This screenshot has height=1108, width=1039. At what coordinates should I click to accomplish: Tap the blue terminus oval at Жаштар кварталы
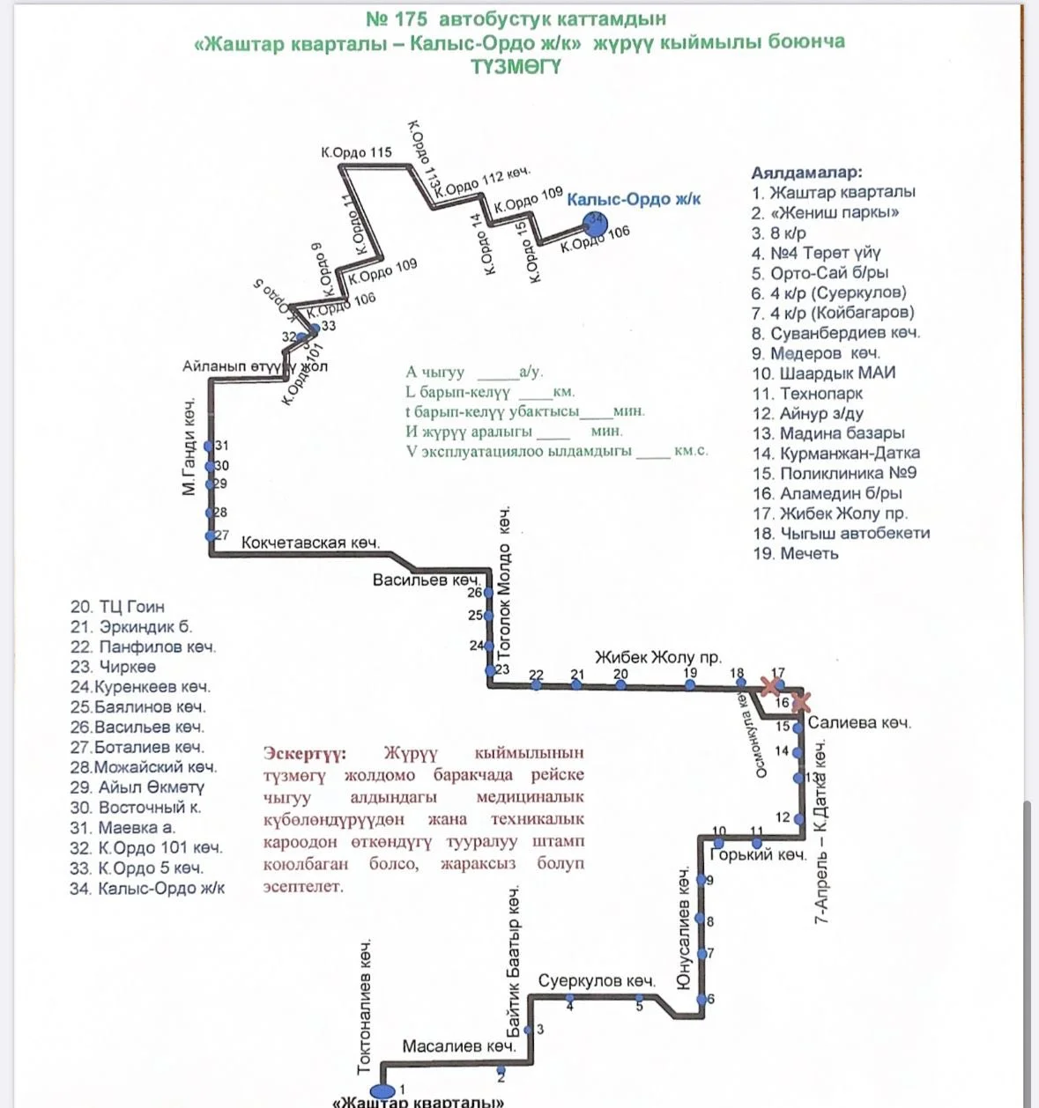point(382,1093)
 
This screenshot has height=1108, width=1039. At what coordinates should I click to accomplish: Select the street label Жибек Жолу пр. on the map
point(657,657)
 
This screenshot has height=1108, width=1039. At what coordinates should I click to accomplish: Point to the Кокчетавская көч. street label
point(310,543)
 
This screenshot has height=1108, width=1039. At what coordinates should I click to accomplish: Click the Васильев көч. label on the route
point(427,580)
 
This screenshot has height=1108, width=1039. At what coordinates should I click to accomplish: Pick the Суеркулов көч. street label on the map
point(597,981)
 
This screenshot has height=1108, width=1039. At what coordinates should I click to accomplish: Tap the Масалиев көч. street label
point(458,1046)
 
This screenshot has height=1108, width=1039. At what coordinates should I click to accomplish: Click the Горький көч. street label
point(758,854)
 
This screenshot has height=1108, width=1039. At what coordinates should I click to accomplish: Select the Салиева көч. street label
point(858,723)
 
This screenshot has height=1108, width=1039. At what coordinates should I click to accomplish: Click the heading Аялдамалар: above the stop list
point(806,173)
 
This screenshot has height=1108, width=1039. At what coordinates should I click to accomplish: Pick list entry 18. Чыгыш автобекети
point(841,533)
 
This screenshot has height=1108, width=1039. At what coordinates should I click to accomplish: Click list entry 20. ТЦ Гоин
point(117,607)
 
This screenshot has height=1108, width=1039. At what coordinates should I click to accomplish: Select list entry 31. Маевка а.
point(122,828)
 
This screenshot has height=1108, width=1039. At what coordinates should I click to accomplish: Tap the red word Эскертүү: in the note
point(305,754)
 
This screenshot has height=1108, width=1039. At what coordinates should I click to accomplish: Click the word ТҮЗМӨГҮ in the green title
point(516,67)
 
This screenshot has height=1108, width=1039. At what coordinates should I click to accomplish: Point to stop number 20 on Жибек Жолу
point(620,683)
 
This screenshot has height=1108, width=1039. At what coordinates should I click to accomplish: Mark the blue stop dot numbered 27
point(210,536)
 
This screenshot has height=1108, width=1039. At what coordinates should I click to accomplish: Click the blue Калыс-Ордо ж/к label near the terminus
point(634,200)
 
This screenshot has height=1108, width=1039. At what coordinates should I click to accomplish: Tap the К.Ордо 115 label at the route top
point(356,152)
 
